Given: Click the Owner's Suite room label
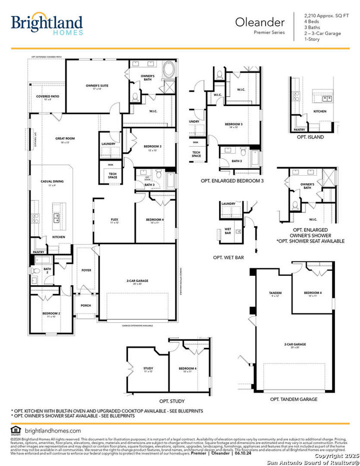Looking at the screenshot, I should [x=97, y=87].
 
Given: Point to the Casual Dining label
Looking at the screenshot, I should [x=52, y=183].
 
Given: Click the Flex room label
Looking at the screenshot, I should [x=114, y=221].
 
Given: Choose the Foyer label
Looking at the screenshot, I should [x=86, y=270].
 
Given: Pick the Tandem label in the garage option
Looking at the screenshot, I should [x=275, y=293].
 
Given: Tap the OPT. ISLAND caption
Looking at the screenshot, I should [x=310, y=137].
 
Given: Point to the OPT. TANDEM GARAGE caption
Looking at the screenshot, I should [x=293, y=399].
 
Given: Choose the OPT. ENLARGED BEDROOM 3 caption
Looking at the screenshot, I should [x=231, y=180].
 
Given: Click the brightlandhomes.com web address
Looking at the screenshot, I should [x=52, y=430].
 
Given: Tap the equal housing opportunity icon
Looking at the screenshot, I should [x=15, y=430].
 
